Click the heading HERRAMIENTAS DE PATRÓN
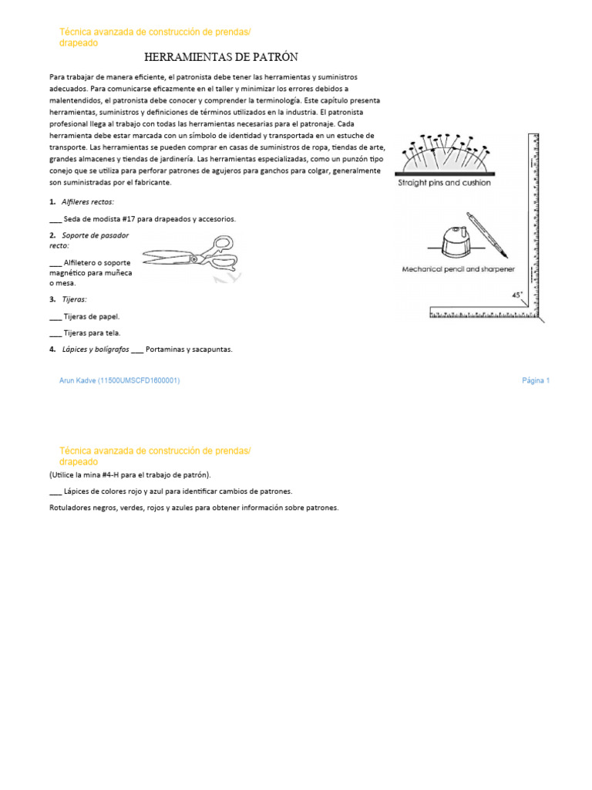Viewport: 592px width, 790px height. tap(220, 58)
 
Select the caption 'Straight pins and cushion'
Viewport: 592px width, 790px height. tap(443, 184)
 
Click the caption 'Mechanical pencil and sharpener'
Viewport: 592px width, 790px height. tap(458, 269)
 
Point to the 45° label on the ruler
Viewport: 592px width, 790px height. tap(516, 295)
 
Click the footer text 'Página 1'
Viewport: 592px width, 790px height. tap(535, 380)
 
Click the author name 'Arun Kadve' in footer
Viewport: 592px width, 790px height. tap(78, 380)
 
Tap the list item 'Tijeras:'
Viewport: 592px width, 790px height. tap(74, 299)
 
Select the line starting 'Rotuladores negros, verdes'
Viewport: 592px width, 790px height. tap(193, 508)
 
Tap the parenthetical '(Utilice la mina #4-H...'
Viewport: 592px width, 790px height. tap(129, 474)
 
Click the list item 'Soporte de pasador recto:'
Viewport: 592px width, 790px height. tap(89, 240)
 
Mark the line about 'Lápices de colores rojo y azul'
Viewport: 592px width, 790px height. tap(177, 491)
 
